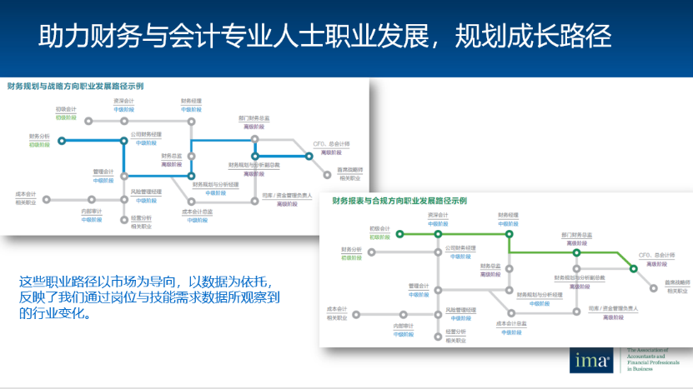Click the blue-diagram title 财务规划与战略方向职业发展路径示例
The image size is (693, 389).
[75, 86]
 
